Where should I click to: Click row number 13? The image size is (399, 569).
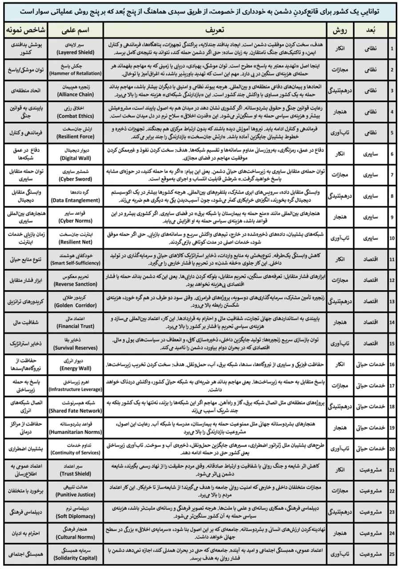point(392,302)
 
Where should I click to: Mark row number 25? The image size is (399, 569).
point(392,554)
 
